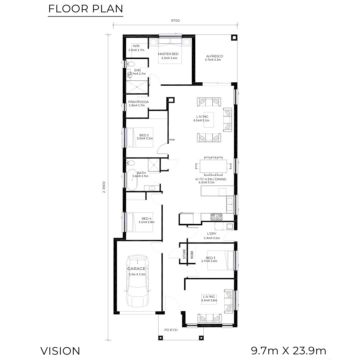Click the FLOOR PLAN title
pyautogui.click(x=86, y=9)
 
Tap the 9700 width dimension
pyautogui.click(x=175, y=20)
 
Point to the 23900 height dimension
pyautogui.click(x=104, y=187)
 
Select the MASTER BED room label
pyautogui.click(x=168, y=54)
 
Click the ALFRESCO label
pyautogui.click(x=214, y=56)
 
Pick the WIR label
pyautogui.click(x=136, y=46)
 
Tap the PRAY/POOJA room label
pyautogui.click(x=138, y=102)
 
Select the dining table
pyautogui.click(x=213, y=166)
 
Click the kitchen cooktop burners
pyautogui.click(x=217, y=217)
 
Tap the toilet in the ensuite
pyautogui.click(x=130, y=63)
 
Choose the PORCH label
pyautogui.click(x=171, y=330)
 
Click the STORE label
pyautogui.click(x=184, y=254)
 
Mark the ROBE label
pyautogui.click(x=192, y=255)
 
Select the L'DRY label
pyautogui.click(x=211, y=233)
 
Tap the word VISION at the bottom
pyautogui.click(x=60, y=351)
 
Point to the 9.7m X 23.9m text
pyautogui.click(x=289, y=351)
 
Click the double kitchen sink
pyautogui.click(x=230, y=205)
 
